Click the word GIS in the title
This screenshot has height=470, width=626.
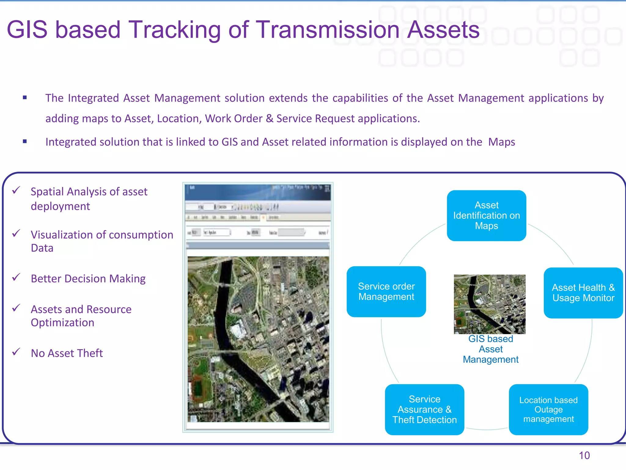[x=27, y=30]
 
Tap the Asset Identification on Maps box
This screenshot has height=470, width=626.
[x=486, y=215]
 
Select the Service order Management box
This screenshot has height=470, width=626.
[x=386, y=291]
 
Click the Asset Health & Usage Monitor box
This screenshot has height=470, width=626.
[x=583, y=293]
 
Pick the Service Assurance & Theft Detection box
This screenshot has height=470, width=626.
[x=424, y=409]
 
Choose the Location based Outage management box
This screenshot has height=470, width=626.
[x=548, y=409]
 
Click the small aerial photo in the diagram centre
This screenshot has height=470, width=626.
[x=489, y=304]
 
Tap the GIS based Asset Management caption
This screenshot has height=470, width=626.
[x=490, y=349]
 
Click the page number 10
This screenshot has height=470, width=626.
[x=584, y=455]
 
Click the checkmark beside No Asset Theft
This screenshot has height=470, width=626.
[x=16, y=352]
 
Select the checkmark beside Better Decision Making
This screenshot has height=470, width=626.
[x=16, y=277]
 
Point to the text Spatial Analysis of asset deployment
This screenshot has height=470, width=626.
[x=89, y=199]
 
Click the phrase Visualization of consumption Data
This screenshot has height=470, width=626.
[x=101, y=241]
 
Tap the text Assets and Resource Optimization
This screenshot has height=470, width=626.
[x=81, y=316]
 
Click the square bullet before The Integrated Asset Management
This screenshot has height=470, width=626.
[x=25, y=98]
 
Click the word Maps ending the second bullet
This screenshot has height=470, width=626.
[x=501, y=142]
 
